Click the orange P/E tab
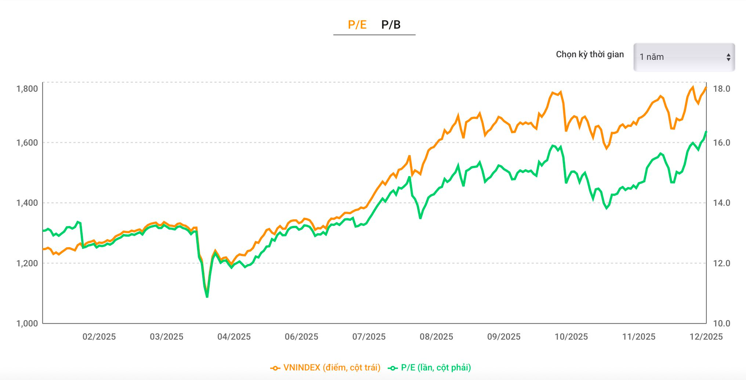click(x=357, y=25)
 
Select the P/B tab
click(x=390, y=25)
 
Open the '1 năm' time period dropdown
click(x=683, y=57)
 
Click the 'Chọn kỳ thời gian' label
click(x=589, y=54)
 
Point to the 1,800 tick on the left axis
click(x=27, y=89)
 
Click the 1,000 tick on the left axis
click(x=27, y=323)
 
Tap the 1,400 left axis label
click(x=27, y=203)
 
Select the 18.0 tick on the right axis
click(x=722, y=89)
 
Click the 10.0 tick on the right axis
click(x=722, y=323)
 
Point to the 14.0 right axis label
click(x=722, y=203)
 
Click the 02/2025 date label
click(x=99, y=337)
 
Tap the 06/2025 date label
click(x=301, y=337)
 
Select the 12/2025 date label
click(x=706, y=337)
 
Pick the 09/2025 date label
click(x=504, y=337)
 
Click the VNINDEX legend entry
click(x=326, y=368)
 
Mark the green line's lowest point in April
click(x=207, y=297)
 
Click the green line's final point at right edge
click(x=706, y=132)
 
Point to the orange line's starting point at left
click(x=43, y=249)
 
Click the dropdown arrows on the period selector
click(x=729, y=57)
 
